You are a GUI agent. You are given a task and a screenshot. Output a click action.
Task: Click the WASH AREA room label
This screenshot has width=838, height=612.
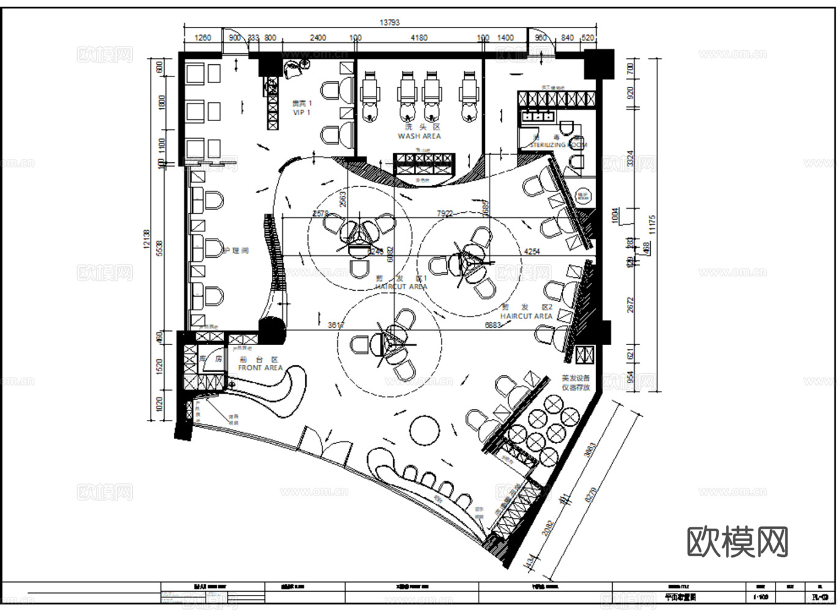tap(419, 136)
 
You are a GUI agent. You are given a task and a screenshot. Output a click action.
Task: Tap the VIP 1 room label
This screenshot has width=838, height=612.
tap(301, 113)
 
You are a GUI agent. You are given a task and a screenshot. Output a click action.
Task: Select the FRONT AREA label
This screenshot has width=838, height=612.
tap(260, 368)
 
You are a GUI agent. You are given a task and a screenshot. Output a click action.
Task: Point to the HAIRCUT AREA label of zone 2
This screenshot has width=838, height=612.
tap(526, 316)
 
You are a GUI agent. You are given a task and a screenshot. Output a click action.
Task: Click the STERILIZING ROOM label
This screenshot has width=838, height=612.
tap(558, 145)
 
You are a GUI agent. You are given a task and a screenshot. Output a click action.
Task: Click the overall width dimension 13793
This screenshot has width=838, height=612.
tap(389, 23)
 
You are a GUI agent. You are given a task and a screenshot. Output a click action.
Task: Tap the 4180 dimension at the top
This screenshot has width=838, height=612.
tap(419, 38)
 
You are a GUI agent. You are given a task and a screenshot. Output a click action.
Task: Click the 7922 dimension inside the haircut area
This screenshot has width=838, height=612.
tap(444, 214)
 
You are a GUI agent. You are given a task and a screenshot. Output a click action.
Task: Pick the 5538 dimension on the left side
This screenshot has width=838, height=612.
tap(160, 248)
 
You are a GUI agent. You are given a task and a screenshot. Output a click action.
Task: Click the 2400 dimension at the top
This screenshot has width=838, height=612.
tap(318, 38)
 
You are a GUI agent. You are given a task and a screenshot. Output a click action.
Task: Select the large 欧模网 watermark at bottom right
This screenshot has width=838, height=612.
tap(737, 542)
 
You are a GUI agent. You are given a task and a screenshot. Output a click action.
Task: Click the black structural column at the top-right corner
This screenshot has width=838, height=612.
tap(597, 64)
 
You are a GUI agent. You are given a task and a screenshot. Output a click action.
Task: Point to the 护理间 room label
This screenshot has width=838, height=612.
tap(236, 251)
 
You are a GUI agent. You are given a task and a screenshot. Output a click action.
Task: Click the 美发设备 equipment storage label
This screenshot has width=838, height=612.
tap(575, 383)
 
